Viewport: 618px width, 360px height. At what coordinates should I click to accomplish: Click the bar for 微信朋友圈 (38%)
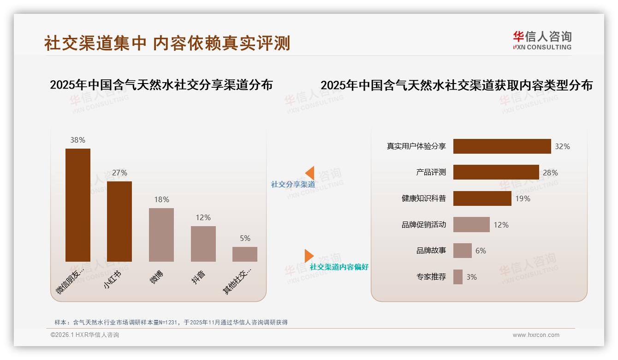[77, 205]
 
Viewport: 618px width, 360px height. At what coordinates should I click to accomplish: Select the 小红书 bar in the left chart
[119, 222]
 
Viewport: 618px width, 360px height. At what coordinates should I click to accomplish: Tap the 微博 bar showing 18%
[161, 234]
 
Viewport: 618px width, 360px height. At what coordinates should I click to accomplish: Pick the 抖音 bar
[203, 244]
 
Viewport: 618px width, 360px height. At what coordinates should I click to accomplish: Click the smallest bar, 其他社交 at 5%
[245, 254]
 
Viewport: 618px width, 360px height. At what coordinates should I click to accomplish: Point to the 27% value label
[119, 173]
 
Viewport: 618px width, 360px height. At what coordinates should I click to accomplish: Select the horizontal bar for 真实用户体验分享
[502, 146]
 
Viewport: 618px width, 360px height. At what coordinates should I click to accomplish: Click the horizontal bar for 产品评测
[496, 172]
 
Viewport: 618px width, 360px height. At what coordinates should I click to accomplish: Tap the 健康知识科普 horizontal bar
[482, 198]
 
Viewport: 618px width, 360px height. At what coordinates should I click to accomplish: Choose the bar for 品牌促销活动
[471, 225]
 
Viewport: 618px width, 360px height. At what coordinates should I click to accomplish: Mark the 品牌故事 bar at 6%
[462, 251]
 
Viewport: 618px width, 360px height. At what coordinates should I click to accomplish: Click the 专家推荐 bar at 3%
[458, 277]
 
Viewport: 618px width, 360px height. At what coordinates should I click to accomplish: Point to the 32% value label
[562, 146]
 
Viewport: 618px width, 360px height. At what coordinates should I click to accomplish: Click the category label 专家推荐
[431, 277]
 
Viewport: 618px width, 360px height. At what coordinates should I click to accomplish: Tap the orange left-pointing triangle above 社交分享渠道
[310, 173]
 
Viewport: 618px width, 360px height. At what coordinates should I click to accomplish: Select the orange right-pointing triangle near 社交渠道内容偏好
[309, 255]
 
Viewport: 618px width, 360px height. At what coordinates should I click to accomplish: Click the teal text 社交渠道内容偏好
[339, 267]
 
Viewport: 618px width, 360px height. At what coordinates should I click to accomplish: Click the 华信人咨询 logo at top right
[542, 41]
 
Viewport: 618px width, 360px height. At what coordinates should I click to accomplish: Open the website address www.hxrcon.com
[536, 335]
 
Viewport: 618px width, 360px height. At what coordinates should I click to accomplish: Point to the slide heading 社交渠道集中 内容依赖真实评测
[167, 43]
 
